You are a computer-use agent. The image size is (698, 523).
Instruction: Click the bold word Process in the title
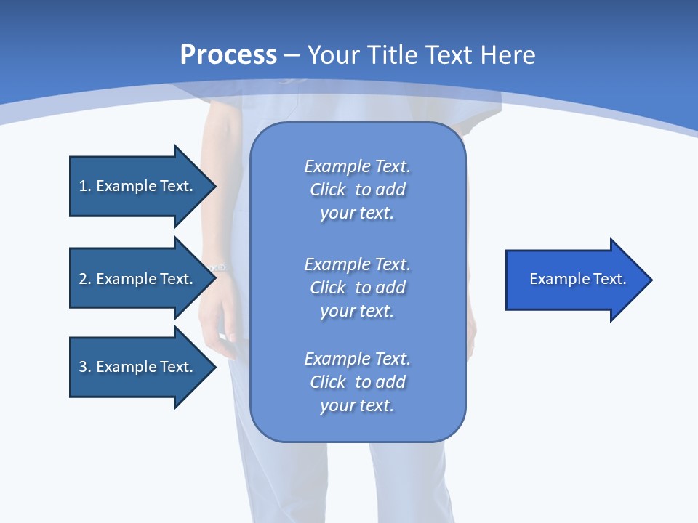click(228, 55)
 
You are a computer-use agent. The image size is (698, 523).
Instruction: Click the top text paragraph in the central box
click(357, 190)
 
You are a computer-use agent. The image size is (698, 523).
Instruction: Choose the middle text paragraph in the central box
click(357, 288)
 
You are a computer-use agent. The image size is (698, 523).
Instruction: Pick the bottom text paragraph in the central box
click(357, 382)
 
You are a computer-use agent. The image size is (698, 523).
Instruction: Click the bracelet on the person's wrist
click(218, 268)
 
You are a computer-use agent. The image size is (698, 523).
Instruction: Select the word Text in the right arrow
click(610, 279)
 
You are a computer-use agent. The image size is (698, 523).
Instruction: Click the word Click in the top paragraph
click(328, 190)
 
